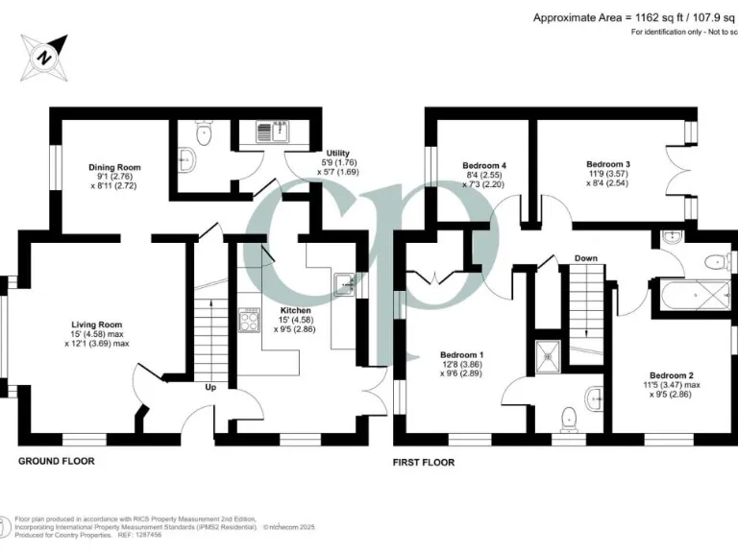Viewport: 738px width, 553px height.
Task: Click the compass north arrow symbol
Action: point(45,55)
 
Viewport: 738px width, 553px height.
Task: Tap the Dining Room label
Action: point(115,167)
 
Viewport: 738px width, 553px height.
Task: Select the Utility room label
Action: point(337,153)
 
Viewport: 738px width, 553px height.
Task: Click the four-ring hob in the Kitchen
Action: point(248,320)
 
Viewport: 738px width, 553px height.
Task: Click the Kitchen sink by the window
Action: point(345,282)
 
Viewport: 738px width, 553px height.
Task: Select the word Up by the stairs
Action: point(209,388)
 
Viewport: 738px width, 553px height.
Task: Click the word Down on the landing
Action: point(586,258)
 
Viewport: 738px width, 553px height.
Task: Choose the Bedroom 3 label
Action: point(607,164)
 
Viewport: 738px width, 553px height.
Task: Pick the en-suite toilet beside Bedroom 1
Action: point(571,415)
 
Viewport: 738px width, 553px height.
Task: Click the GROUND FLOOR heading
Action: point(57,462)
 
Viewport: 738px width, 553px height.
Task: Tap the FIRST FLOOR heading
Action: point(424,462)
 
